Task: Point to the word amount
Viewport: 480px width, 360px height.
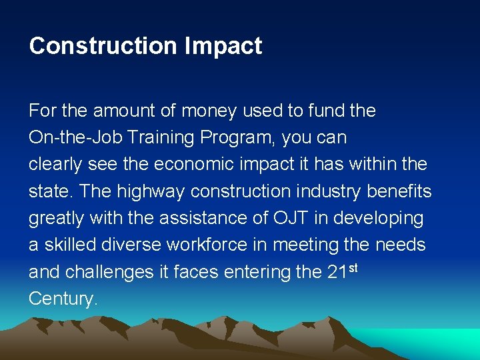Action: point(119,111)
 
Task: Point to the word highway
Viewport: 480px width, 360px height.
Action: point(151,191)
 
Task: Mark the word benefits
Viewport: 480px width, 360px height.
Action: point(399,191)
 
